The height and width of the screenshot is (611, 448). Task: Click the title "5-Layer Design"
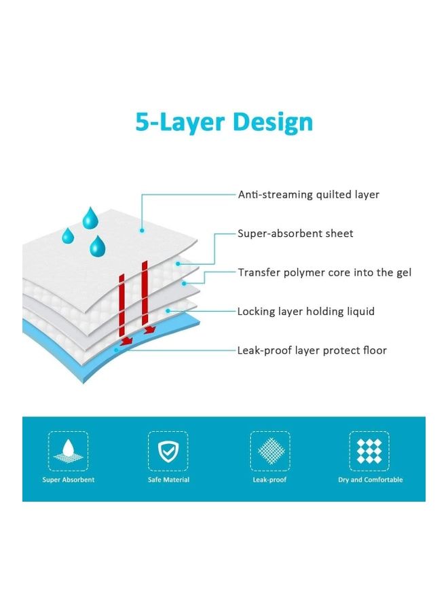224,122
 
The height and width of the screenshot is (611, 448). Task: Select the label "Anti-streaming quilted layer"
308,195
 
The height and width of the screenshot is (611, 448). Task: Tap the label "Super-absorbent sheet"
295,234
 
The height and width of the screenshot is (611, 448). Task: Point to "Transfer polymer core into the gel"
324,272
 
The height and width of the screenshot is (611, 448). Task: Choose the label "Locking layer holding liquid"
305,312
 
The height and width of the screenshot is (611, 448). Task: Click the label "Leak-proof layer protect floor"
312,350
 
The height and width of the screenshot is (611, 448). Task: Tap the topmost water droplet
90,218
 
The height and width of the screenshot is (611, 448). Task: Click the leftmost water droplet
68,236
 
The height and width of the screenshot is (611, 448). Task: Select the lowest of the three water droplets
98,246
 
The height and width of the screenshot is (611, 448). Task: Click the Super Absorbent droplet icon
68,451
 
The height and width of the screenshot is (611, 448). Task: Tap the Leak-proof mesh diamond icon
269,451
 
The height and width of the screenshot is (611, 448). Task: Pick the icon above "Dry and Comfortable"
370,451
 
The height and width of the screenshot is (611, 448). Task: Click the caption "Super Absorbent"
68,480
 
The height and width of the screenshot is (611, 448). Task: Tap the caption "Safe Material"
168,480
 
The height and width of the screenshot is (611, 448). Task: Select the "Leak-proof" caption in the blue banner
269,480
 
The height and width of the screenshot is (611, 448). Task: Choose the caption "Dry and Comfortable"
370,480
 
